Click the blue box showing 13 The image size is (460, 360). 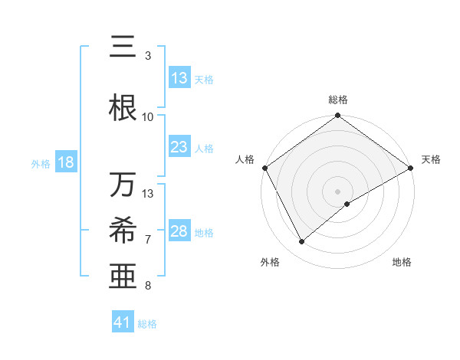pyautogui.click(x=179, y=78)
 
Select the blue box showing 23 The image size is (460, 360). pyautogui.click(x=179, y=147)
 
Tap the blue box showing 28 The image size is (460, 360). pyautogui.click(x=179, y=231)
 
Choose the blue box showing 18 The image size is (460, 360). pyautogui.click(x=65, y=162)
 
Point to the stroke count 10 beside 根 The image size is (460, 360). pyautogui.click(x=148, y=116)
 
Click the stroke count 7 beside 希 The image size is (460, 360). pyautogui.click(x=148, y=239)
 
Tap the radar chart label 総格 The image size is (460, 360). pyautogui.click(x=338, y=100)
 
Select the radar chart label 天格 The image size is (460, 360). pyautogui.click(x=431, y=159)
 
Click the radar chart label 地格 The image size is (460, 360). pyautogui.click(x=402, y=262)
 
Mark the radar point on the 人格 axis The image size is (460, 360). pyautogui.click(x=264, y=167)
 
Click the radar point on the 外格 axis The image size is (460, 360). pyautogui.click(x=301, y=242)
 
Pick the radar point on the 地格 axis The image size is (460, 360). pyautogui.click(x=348, y=204)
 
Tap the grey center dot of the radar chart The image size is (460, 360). pyautogui.click(x=338, y=191)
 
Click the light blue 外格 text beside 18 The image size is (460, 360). pyautogui.click(x=41, y=163)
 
